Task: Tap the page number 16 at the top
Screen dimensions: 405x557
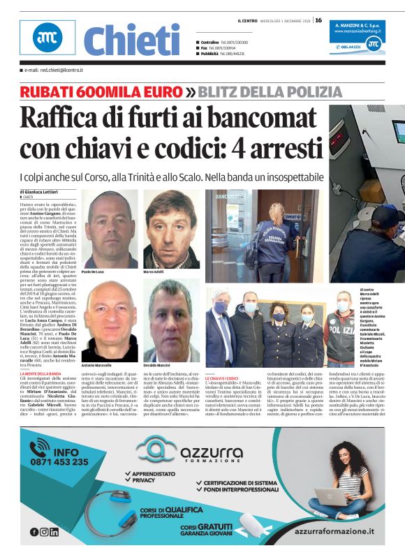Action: tap(318, 20)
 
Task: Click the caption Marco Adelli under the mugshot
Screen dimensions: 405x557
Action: tap(154, 271)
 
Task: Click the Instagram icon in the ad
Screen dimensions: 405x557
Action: tap(44, 531)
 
